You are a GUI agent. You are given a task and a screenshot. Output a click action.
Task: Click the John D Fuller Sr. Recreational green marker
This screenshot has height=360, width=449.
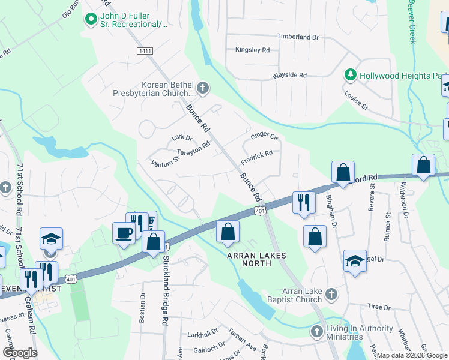[91, 20]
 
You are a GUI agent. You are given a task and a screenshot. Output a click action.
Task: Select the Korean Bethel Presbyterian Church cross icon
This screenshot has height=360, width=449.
[203, 89]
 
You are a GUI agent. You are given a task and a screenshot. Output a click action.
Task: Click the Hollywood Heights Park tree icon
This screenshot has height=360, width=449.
[350, 75]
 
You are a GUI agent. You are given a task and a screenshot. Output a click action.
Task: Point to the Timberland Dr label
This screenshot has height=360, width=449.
[297, 37]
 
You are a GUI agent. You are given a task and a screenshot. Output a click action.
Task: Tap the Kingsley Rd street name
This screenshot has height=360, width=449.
[252, 50]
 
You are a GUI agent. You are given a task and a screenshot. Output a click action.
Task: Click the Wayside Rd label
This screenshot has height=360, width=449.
[289, 76]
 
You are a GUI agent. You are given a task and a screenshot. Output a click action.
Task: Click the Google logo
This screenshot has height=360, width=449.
[20, 353]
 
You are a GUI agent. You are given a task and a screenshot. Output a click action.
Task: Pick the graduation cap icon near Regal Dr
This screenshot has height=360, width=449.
[355, 261]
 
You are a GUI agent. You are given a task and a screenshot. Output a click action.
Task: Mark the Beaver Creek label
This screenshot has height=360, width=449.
[412, 21]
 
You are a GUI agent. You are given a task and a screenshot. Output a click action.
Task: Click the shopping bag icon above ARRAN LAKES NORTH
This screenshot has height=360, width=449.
[228, 232]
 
